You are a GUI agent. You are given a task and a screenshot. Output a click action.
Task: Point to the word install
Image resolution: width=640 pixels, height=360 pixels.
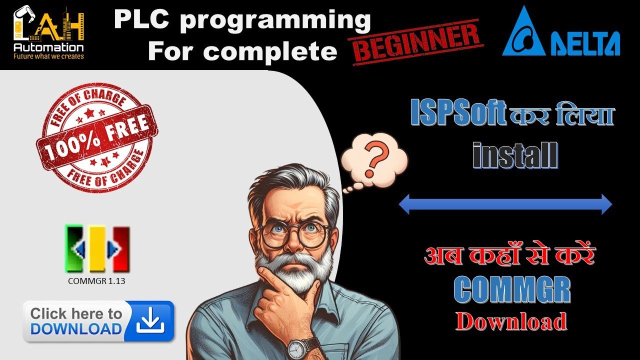tap(515, 155)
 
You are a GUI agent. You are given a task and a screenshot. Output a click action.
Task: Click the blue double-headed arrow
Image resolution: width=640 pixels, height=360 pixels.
tap(505, 204)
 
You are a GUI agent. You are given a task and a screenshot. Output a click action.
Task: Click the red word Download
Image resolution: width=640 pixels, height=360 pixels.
tap(511, 321)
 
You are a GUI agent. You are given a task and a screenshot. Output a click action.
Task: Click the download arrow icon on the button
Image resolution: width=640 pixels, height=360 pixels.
tap(150, 321)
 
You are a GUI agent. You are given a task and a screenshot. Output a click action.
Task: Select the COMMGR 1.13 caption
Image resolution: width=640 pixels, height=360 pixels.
tap(96, 281)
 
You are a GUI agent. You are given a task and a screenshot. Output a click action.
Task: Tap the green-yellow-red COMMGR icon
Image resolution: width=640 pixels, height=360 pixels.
tap(97, 248)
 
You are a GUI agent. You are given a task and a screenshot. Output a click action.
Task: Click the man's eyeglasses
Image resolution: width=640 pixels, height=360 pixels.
tap(294, 235)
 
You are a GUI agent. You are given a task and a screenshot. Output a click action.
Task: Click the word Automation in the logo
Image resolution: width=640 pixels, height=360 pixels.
tap(48, 47)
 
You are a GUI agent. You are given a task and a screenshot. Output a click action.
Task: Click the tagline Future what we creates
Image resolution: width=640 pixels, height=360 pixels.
tap(48, 56)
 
